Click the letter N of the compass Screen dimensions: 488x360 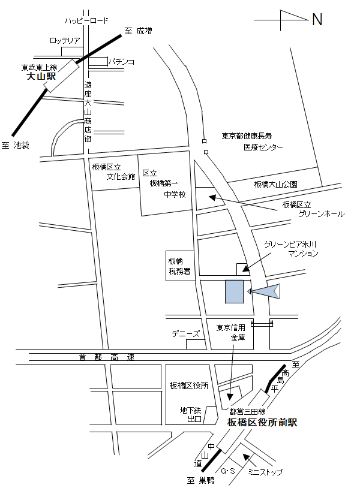[x=317, y=20]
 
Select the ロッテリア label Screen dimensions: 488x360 [x=65, y=41]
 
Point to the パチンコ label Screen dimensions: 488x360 [x=122, y=61]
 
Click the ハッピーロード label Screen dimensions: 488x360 [x=87, y=21]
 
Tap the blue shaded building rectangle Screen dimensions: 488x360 [x=234, y=291]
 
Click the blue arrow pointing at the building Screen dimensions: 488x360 [x=264, y=291]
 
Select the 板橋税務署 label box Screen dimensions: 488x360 [x=179, y=266]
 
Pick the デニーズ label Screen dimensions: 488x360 [x=185, y=333]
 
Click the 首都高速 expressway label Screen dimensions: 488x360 [x=107, y=357]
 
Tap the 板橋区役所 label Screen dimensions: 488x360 [x=188, y=385]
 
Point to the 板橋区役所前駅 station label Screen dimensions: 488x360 [x=262, y=423]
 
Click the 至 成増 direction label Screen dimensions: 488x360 [x=138, y=31]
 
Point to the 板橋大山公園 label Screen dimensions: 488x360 [x=275, y=184]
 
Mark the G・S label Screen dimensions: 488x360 [x=229, y=472]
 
